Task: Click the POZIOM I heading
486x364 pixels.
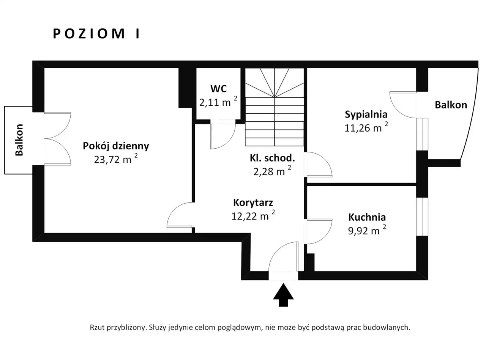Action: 96,34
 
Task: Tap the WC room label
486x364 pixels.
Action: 218,89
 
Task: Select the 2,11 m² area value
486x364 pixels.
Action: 218,102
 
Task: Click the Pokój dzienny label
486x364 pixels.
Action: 116,146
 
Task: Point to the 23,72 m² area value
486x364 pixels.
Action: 116,159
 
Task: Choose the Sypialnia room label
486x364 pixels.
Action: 366,115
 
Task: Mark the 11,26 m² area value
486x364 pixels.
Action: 366,127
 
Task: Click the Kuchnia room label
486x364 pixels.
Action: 367,217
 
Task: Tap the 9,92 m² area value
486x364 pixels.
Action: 367,230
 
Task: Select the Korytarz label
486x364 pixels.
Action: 253,203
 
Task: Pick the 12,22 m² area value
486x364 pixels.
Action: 253,215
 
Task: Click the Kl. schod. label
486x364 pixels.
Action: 272,158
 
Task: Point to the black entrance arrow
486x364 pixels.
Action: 283,295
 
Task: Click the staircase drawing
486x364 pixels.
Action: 275,107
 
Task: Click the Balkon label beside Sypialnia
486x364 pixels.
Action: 451,105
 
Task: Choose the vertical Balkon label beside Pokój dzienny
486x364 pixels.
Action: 19,140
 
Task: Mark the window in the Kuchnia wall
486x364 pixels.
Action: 422,217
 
